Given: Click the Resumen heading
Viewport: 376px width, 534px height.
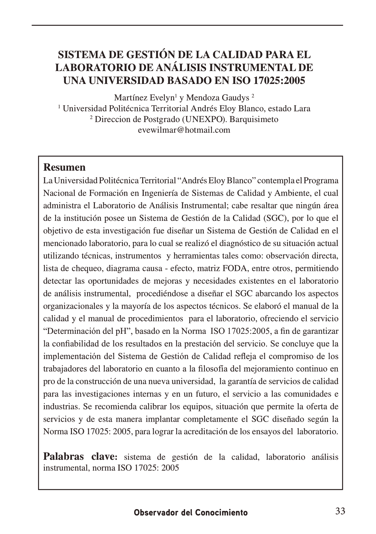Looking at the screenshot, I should coord(64,168).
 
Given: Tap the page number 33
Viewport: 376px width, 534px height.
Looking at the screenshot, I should coord(340,511).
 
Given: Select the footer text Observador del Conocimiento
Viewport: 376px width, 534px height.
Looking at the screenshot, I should coord(191,512).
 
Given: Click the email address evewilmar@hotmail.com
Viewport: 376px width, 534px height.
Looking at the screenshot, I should coord(184,130).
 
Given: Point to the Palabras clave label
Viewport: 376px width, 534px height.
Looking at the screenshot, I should coord(81,457).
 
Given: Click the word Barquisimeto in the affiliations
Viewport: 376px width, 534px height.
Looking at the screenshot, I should coord(254,119).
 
